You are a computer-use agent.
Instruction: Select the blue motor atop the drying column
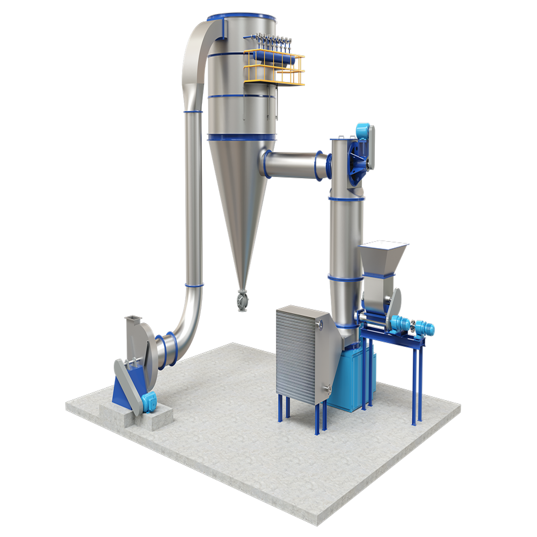point(363,130)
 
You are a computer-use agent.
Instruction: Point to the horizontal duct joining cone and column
point(293,163)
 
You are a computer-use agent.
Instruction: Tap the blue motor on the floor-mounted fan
point(148,401)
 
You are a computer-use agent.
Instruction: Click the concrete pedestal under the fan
point(134,416)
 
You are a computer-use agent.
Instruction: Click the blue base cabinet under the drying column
point(349,381)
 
